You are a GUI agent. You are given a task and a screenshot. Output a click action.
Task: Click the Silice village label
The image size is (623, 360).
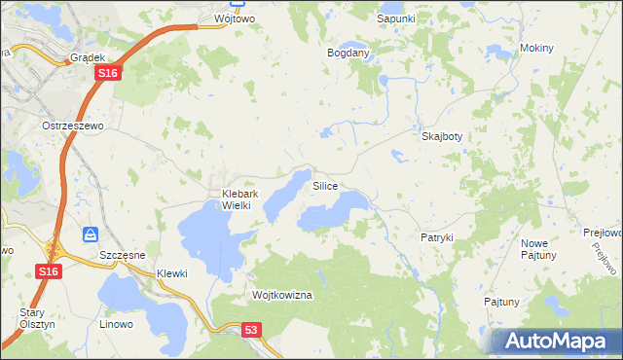[x=325, y=185]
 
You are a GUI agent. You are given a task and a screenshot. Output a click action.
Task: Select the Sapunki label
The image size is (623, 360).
[x=396, y=18]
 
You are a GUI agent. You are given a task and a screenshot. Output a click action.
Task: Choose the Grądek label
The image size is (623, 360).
[x=88, y=58]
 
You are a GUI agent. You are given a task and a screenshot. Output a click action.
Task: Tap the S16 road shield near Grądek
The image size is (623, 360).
[x=109, y=73]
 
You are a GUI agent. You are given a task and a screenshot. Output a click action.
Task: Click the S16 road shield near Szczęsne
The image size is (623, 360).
[x=51, y=271]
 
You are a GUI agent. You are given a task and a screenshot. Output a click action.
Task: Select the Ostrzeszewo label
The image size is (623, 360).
[x=72, y=126]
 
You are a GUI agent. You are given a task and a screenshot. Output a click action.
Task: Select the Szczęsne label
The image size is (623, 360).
[x=123, y=254]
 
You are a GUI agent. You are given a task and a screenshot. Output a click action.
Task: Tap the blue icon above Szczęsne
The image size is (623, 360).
[x=91, y=234]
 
